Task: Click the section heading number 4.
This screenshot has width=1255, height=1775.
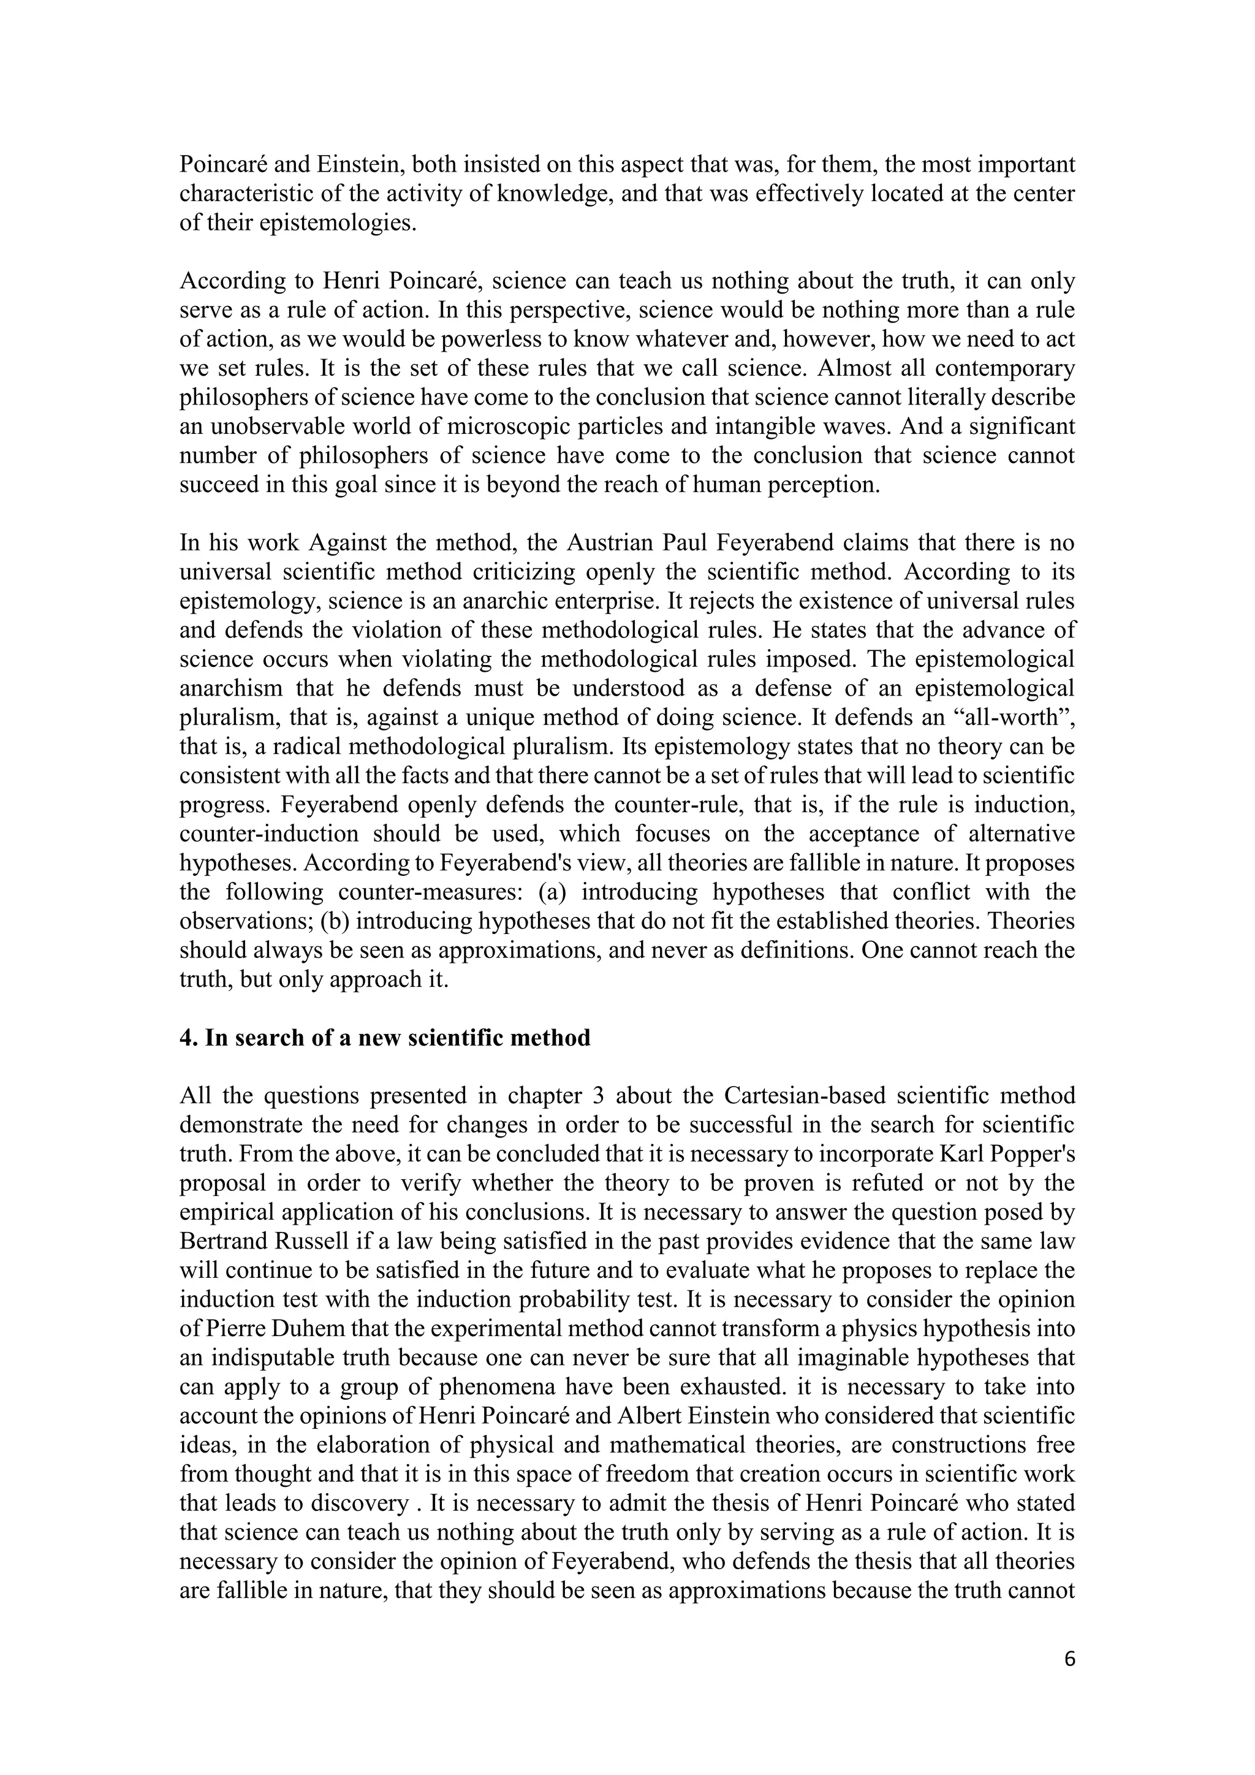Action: (187, 1038)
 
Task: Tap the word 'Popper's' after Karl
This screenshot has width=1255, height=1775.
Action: (1033, 1154)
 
